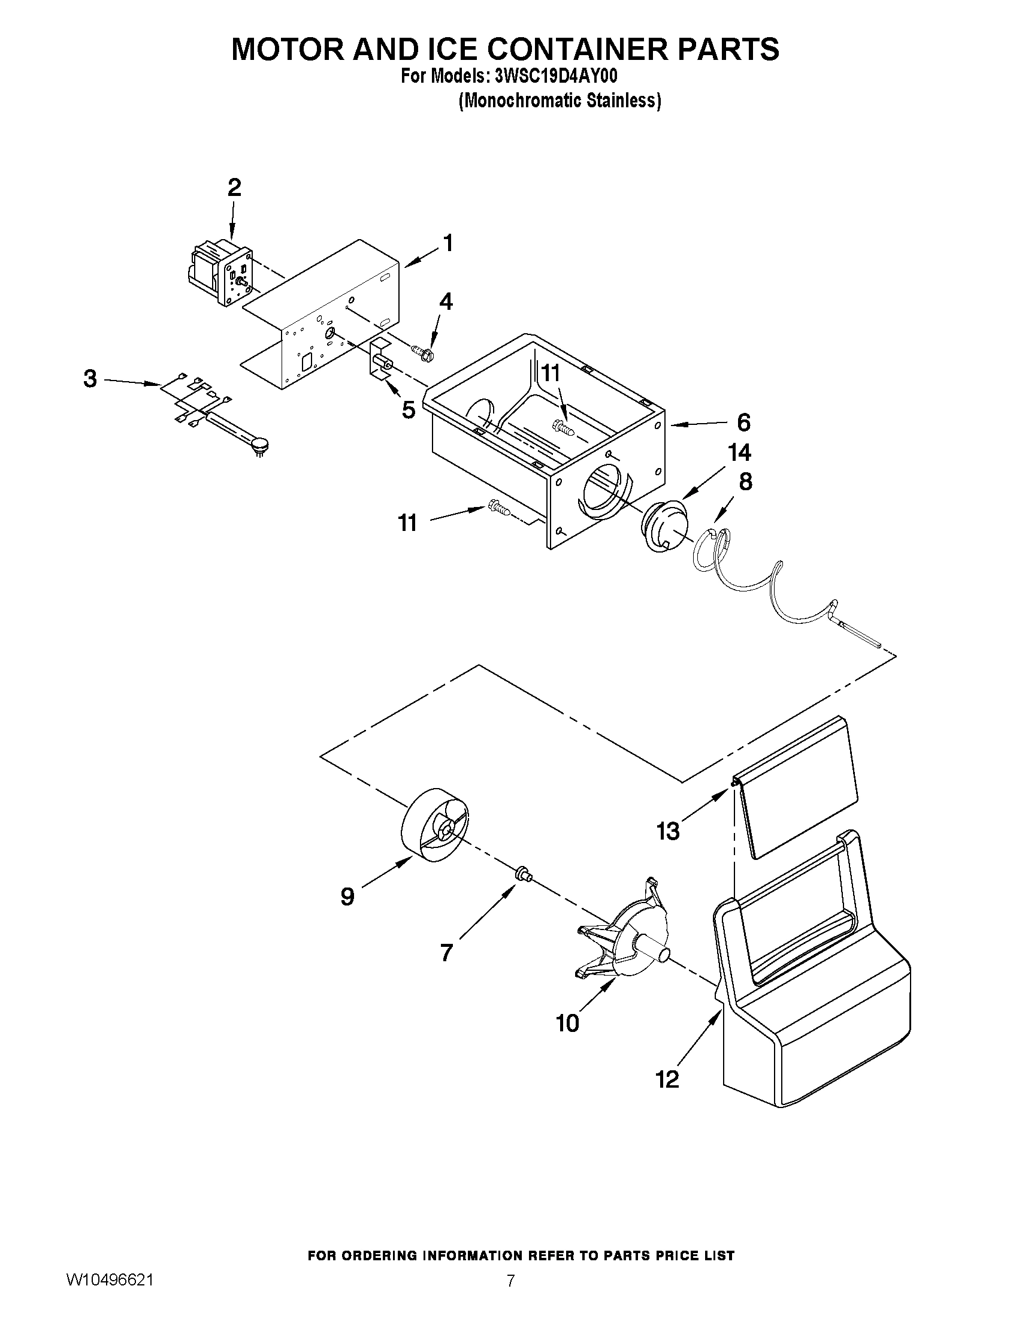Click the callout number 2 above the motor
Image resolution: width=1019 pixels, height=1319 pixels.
click(234, 188)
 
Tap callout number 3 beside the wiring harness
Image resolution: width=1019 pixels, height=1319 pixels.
click(90, 379)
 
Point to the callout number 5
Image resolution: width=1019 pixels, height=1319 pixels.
click(409, 411)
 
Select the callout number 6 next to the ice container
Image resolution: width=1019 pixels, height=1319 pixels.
click(743, 422)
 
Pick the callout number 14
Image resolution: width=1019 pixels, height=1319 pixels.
click(740, 452)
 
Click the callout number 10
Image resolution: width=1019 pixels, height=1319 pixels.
click(567, 1023)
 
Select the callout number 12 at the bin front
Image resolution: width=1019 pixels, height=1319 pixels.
click(668, 1079)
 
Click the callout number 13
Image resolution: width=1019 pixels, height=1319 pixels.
click(668, 832)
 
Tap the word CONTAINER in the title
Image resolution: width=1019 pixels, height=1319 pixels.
click(579, 50)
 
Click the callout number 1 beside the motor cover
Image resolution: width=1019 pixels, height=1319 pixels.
click(447, 243)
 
